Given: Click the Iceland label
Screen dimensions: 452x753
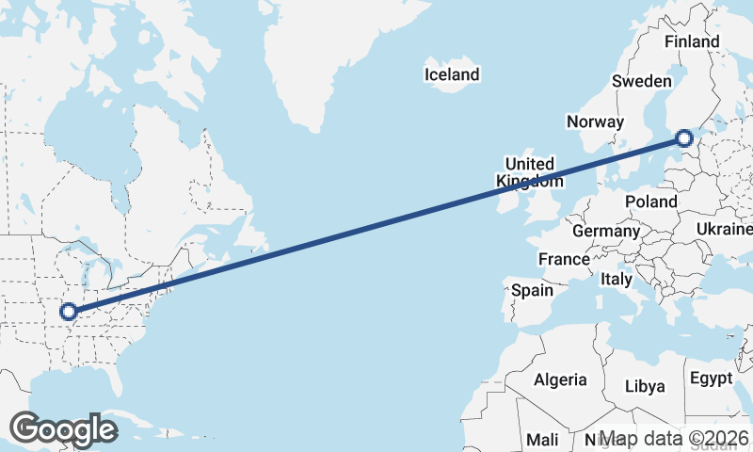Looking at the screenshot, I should (x=452, y=74).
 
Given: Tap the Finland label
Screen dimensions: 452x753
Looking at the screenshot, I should (x=691, y=41).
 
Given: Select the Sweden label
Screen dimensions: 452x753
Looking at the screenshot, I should (x=641, y=81).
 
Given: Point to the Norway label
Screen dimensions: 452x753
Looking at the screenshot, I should (x=595, y=121).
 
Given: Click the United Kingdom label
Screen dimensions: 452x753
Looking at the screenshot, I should (x=529, y=172).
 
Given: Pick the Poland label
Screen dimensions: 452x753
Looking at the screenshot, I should (x=650, y=202).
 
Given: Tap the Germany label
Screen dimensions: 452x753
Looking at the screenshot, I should (x=605, y=231).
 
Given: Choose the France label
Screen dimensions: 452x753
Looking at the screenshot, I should (x=563, y=259).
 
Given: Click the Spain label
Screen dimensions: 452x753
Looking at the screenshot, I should (x=532, y=290).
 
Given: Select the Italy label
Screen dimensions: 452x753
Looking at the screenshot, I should (x=617, y=280).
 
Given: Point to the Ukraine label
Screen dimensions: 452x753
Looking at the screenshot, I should (x=724, y=230).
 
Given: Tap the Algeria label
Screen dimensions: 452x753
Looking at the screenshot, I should (x=560, y=380).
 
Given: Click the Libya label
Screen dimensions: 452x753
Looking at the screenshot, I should (x=645, y=386).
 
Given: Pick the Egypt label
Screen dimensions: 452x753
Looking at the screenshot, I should (x=711, y=379).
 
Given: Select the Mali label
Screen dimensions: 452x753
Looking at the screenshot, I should (x=542, y=439).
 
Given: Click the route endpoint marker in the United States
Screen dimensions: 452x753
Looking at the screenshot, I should (x=68, y=311).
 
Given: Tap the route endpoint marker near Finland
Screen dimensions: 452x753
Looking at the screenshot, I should (x=684, y=139).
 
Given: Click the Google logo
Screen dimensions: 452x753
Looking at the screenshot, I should (x=63, y=428).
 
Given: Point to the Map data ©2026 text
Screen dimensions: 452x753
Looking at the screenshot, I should (x=674, y=439).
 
